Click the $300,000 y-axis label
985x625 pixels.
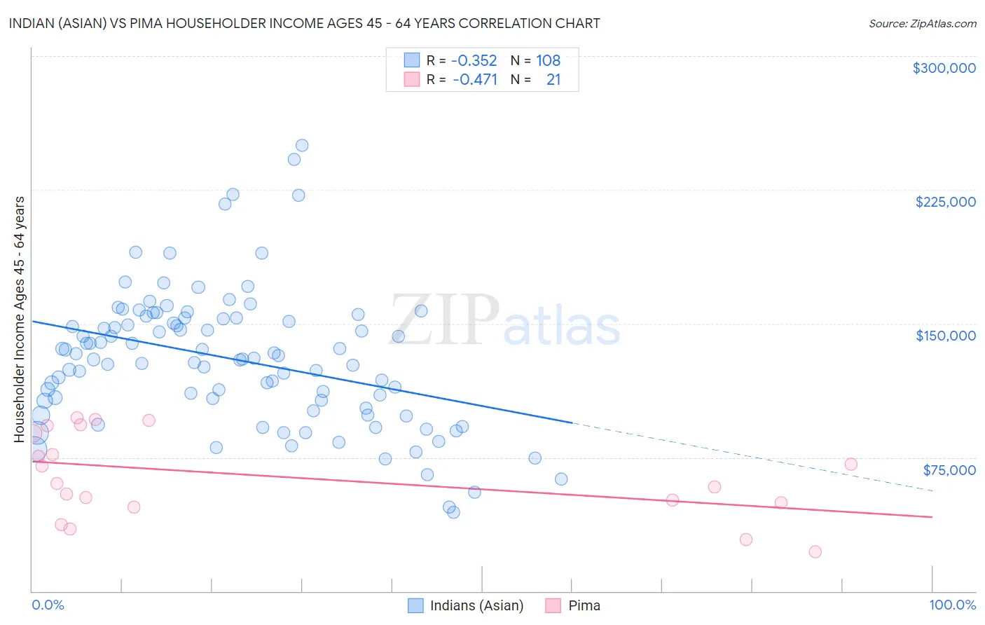tap(944, 68)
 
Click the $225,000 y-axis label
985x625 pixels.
tap(945, 202)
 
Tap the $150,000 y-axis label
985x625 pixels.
tap(945, 336)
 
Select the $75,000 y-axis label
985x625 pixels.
tap(949, 469)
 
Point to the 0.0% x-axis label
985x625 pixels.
tap(48, 605)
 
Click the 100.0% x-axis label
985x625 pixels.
tap(952, 605)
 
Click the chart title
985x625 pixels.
tap(304, 23)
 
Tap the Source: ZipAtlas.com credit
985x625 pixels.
tap(922, 24)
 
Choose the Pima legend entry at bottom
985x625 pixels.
tap(584, 605)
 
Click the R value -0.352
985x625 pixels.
tap(474, 60)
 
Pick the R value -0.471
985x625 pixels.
tap(474, 79)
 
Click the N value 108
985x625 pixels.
tap(548, 60)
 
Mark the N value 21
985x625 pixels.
tap(553, 79)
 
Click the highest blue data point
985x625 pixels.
tap(302, 146)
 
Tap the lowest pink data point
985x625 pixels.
tap(815, 551)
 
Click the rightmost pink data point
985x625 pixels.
tap(851, 464)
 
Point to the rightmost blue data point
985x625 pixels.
tap(561, 479)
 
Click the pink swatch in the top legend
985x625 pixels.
tap(411, 79)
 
